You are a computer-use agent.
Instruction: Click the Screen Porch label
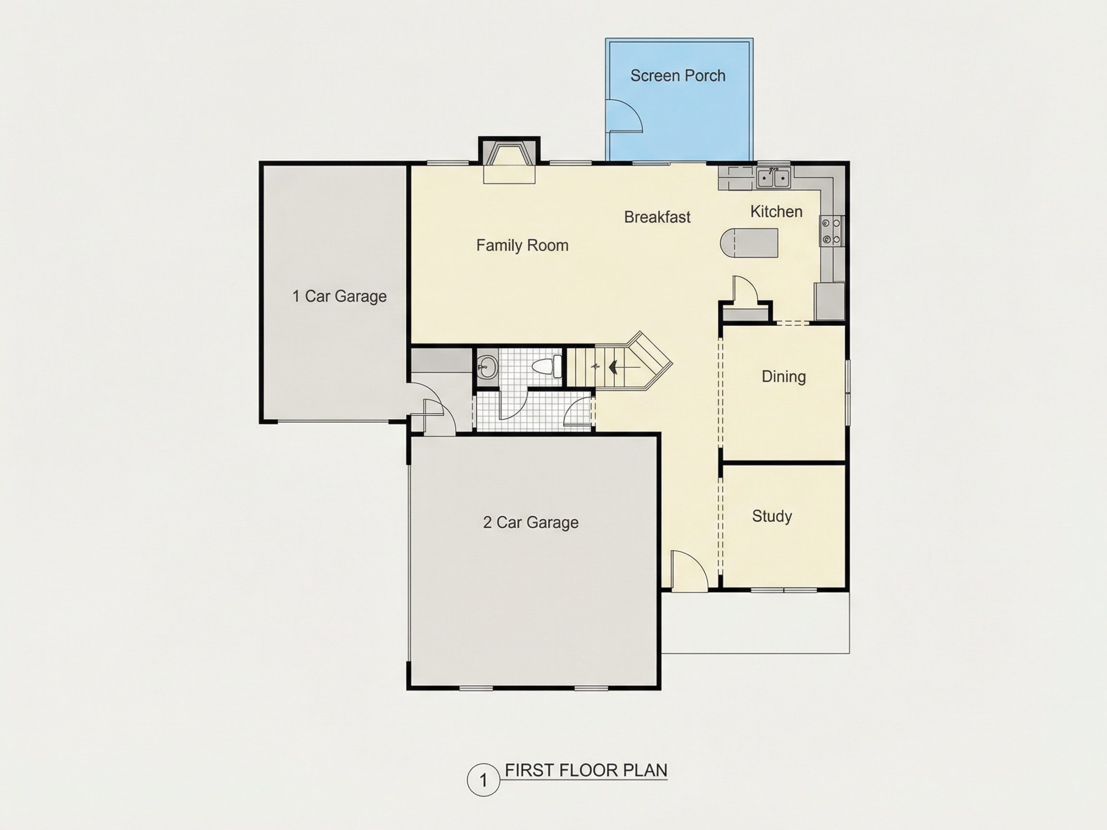(x=677, y=75)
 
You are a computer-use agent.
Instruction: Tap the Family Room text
(x=522, y=245)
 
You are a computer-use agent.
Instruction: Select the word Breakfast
(x=657, y=217)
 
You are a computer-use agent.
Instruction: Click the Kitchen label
(x=776, y=212)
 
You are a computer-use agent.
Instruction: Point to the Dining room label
(x=784, y=377)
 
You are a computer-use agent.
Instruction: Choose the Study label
(x=772, y=516)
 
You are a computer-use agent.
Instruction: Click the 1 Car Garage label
(x=339, y=296)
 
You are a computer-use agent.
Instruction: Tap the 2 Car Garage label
(x=530, y=522)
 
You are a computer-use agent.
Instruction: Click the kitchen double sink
(x=773, y=177)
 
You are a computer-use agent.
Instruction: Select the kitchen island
(x=749, y=243)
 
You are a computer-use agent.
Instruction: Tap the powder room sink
(x=486, y=368)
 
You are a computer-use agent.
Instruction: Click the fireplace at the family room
(x=509, y=159)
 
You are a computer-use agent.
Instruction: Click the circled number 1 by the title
(x=483, y=780)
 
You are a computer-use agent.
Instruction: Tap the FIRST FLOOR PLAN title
(x=586, y=770)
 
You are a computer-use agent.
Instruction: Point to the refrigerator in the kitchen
(x=829, y=301)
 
